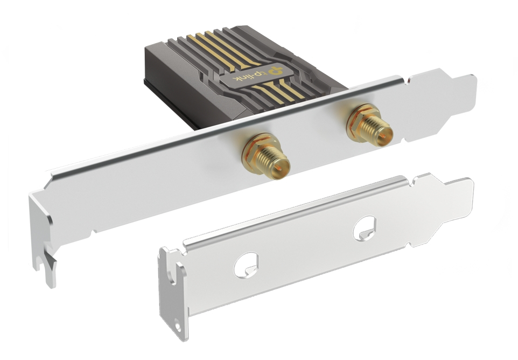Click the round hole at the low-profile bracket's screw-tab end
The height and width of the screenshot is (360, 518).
pyautogui.click(x=246, y=265)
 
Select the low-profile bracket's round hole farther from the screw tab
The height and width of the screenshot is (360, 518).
pyautogui.click(x=365, y=228)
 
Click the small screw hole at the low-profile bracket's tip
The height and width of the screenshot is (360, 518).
pyautogui.click(x=177, y=327)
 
